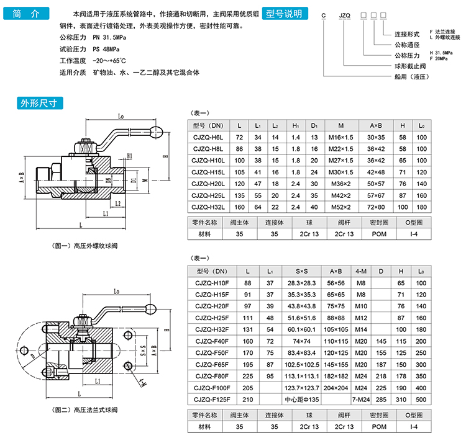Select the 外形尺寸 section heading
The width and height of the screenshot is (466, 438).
(39, 104)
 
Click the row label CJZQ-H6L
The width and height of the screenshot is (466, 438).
(208, 136)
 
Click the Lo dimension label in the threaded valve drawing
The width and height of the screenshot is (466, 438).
(121, 116)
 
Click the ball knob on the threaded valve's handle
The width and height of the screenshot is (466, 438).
(157, 132)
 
